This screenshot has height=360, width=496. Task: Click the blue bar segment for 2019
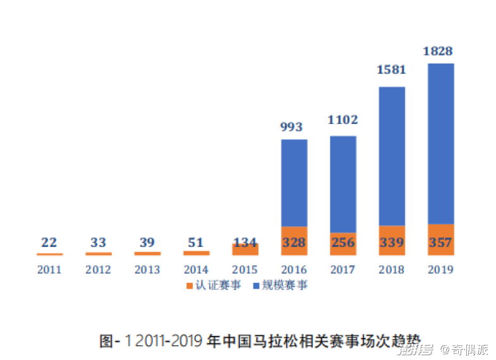pos(440,143)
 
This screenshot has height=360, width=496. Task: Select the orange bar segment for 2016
pos(294,241)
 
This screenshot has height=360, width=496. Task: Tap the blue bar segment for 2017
pos(343,184)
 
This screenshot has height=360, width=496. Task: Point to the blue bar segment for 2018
pos(392,155)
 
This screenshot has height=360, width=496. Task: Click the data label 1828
pos(440,51)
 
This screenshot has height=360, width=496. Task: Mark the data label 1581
pos(392,69)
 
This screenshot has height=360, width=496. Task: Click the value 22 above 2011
pos(49,243)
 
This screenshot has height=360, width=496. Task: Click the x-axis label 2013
pos(147,270)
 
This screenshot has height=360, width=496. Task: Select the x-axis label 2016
pos(294,270)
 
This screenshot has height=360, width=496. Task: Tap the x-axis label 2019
pos(440,270)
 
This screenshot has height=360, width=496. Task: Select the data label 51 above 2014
pos(196,243)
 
